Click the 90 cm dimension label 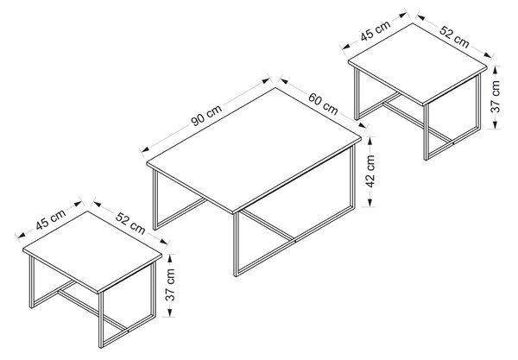(x=207, y=115)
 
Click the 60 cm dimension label (x=323, y=104)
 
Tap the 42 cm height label (x=370, y=172)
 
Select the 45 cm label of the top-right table (x=376, y=30)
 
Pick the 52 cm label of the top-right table (x=454, y=36)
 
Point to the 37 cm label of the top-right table (x=496, y=97)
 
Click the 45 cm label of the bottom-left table (x=51, y=219)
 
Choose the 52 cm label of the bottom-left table (x=130, y=223)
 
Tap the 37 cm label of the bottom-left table (x=170, y=285)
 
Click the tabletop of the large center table (x=254, y=150)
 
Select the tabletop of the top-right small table (x=418, y=65)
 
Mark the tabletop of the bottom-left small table (x=92, y=252)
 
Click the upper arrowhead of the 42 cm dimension (x=370, y=141)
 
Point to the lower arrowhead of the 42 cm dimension (x=370, y=203)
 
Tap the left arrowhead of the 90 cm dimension (x=145, y=150)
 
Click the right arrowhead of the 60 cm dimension (x=363, y=125)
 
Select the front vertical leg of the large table (x=236, y=244)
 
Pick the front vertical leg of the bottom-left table (x=101, y=319)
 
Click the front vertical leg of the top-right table (x=426, y=132)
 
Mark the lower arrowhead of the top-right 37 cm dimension (x=495, y=124)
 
